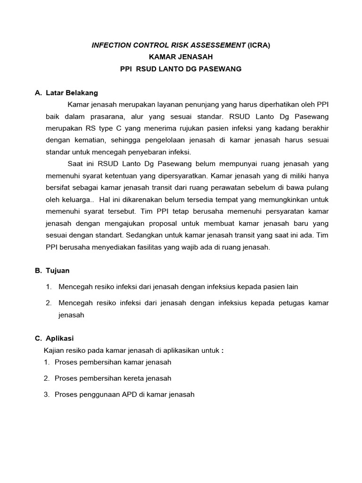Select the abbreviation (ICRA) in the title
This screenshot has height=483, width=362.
point(259,45)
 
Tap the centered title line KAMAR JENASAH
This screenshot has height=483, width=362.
point(181,57)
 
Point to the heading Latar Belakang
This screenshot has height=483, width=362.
point(72,93)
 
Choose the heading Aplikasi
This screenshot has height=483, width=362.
point(60,338)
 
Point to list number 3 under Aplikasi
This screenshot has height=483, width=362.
point(47,394)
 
